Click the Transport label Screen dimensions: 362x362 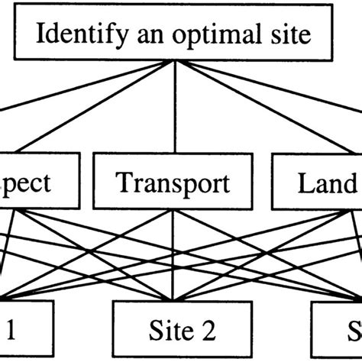tap(173, 184)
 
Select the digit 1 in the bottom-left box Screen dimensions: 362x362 tap(11, 330)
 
